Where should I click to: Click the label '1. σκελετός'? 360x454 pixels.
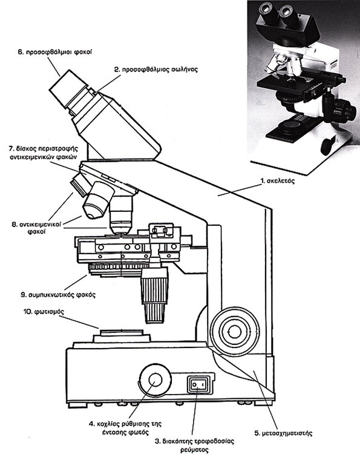(x=278, y=181)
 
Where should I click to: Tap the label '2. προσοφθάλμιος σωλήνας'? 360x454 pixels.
(x=156, y=70)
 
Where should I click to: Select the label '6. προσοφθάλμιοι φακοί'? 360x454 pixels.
(x=55, y=53)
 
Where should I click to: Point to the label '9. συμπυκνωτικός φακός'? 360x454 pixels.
(x=58, y=295)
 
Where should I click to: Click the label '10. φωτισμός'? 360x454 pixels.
(x=44, y=312)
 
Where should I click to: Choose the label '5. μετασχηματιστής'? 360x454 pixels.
(x=283, y=433)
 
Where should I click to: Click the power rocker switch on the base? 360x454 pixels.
(x=200, y=384)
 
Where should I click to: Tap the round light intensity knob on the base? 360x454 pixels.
(x=155, y=381)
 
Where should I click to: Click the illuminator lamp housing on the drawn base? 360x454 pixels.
(x=122, y=336)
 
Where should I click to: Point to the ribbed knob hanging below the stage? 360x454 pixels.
(x=154, y=295)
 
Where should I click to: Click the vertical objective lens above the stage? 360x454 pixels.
(x=121, y=215)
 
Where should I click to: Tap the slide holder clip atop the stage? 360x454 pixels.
(x=161, y=231)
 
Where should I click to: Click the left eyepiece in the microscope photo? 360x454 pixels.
(x=266, y=11)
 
